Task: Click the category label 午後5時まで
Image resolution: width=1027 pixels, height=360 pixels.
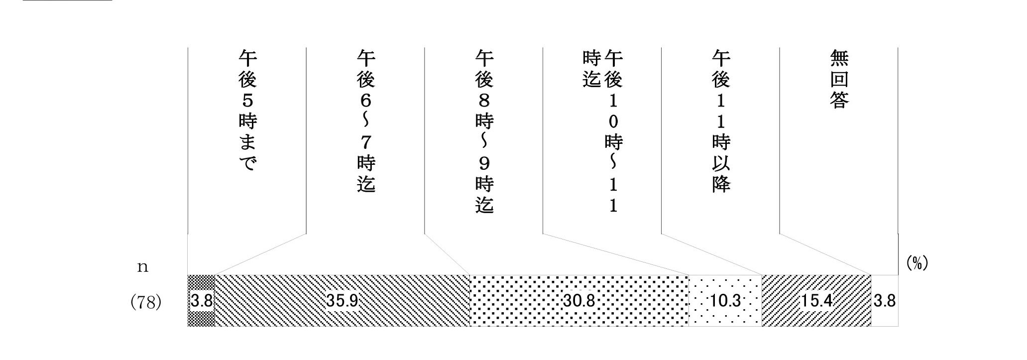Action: [247, 111]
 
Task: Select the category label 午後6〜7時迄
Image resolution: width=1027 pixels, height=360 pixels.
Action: [366, 121]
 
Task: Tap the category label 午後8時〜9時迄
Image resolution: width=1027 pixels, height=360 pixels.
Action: [484, 131]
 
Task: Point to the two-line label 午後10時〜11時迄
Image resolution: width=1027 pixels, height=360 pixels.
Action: [602, 131]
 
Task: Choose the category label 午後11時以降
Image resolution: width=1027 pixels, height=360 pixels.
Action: [721, 121]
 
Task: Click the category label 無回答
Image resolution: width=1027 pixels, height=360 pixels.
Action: [839, 79]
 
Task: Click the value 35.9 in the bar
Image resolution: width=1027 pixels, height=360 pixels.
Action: [342, 301]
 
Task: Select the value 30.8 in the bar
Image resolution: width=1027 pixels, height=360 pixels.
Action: [579, 301]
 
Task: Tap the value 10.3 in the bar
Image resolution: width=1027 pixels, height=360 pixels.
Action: [725, 301]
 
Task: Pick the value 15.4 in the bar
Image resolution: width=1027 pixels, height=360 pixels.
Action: [816, 301]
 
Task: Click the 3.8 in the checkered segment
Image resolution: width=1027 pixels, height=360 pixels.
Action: [202, 301]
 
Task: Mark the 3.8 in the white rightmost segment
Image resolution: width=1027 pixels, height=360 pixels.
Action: [885, 301]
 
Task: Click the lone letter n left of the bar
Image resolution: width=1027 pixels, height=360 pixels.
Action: [143, 267]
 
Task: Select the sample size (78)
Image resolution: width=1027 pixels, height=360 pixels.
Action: [146, 302]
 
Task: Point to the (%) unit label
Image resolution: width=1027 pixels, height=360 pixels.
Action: [917, 263]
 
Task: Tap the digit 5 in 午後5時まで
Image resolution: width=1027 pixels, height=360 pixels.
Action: [247, 101]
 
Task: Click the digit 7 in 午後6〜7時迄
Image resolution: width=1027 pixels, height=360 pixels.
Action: [366, 142]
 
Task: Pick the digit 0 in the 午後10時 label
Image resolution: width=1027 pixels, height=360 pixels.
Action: [613, 121]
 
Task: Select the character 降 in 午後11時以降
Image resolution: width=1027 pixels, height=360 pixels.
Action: [721, 184]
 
